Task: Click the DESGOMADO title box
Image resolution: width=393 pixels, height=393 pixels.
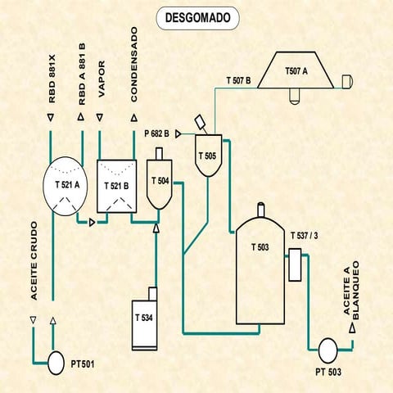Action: tap(196, 16)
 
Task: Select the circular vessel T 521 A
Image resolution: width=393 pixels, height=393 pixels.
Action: tap(68, 185)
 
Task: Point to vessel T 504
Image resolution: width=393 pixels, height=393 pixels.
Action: tap(159, 183)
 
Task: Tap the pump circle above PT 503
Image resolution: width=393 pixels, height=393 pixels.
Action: tap(326, 350)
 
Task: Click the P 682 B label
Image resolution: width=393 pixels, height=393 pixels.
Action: tap(156, 132)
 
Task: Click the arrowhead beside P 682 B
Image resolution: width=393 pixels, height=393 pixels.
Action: tap(178, 132)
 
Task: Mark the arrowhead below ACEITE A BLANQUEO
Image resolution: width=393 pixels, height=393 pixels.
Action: tap(353, 327)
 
